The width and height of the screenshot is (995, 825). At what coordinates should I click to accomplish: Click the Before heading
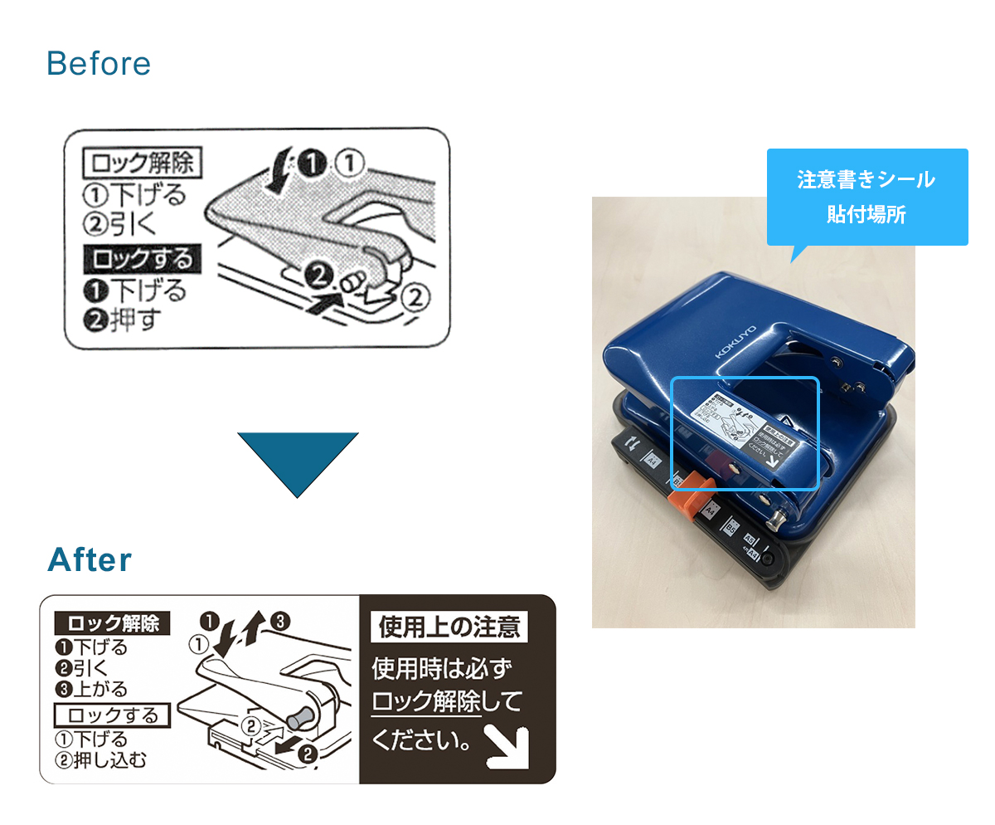[x=99, y=64]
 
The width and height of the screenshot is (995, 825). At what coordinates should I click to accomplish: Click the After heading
[x=90, y=560]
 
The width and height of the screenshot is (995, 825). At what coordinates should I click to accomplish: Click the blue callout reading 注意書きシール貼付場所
[x=866, y=197]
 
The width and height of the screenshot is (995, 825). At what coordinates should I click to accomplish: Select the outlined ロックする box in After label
[x=112, y=715]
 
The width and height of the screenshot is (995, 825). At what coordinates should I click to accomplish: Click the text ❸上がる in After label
[x=92, y=689]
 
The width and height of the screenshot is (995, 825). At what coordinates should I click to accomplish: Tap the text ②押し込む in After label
[x=100, y=759]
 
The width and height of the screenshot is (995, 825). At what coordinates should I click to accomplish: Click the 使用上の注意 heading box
[x=449, y=627]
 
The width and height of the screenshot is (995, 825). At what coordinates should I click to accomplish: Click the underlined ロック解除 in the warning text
[x=426, y=702]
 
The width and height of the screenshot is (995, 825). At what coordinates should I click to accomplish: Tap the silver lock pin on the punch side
[x=778, y=520]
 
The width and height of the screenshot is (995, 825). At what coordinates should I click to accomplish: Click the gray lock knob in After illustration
[x=298, y=714]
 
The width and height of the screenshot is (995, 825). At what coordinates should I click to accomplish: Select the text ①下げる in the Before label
[x=134, y=196]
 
